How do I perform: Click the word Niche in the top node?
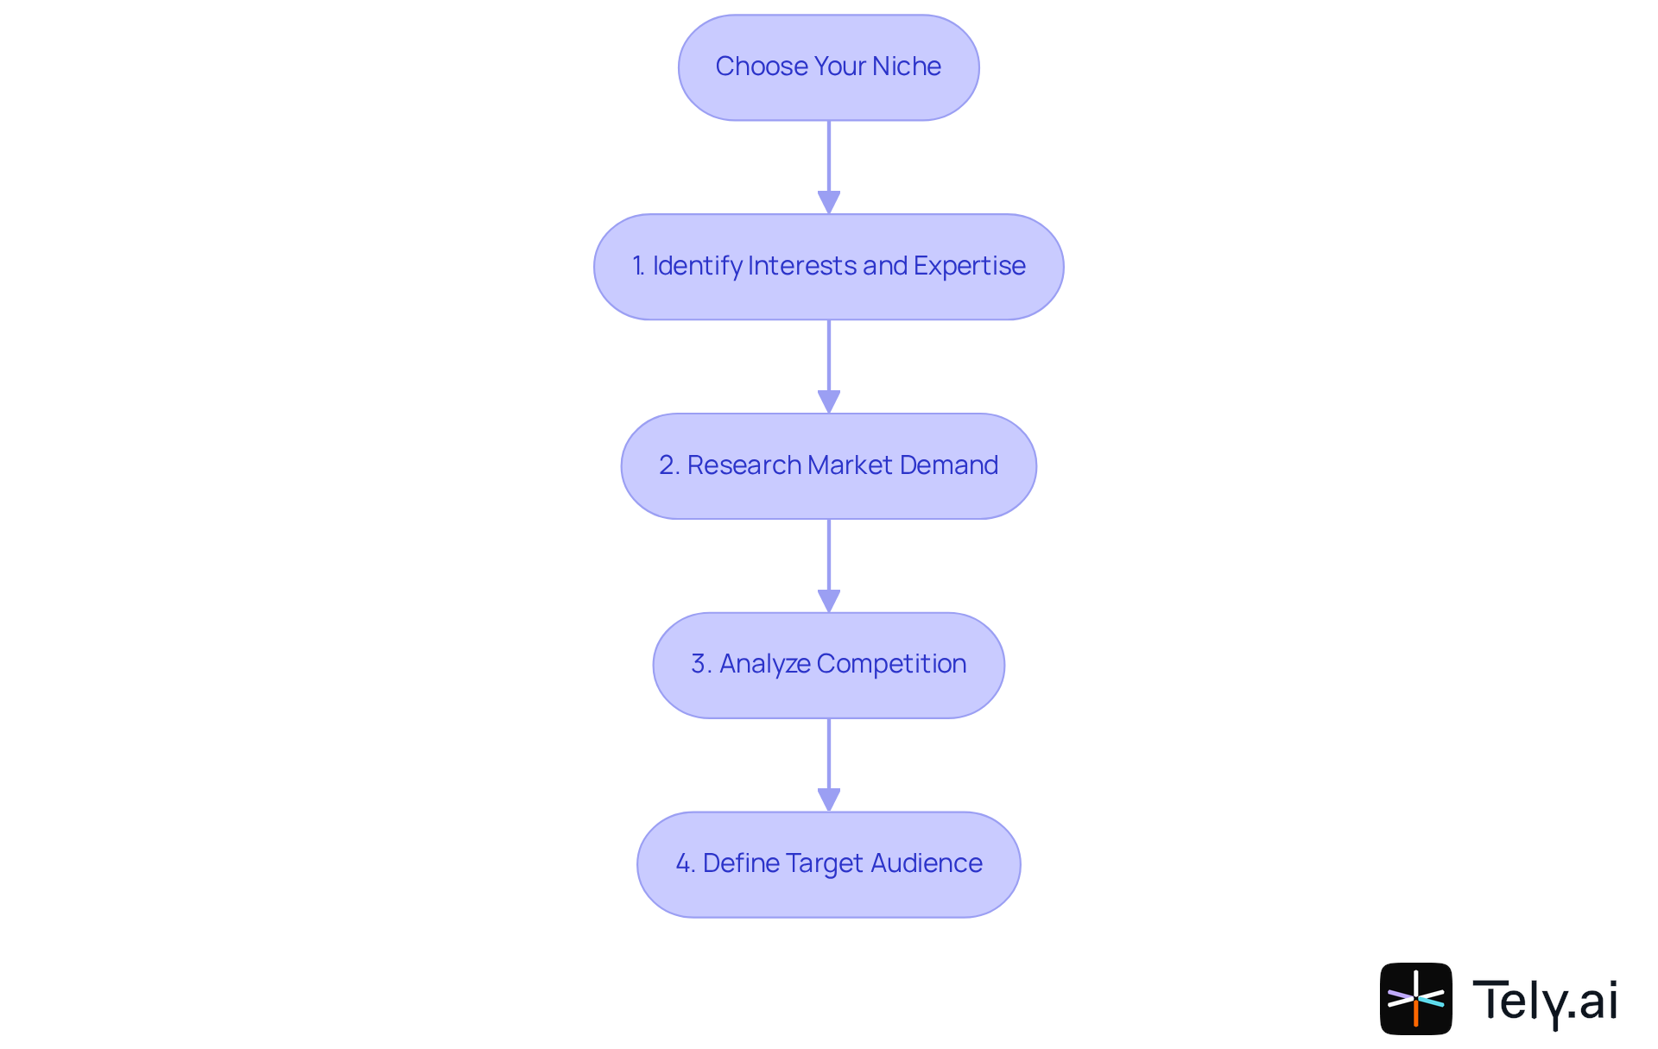tap(907, 66)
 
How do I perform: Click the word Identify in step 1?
tap(697, 266)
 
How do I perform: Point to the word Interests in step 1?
tap(802, 266)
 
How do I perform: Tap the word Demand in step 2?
tap(948, 465)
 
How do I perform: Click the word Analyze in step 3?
tap(764, 664)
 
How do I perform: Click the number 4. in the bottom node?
tap(685, 863)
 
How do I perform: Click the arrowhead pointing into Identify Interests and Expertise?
tap(829, 202)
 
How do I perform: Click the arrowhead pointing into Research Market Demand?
tap(829, 401)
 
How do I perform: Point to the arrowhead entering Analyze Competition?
tap(829, 601)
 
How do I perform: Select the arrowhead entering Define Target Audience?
tap(829, 799)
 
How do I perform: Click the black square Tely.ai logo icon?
tap(1415, 999)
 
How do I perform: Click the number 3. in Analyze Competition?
tap(701, 664)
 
